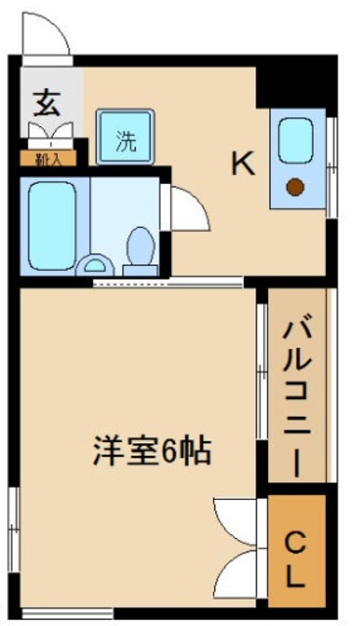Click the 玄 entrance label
pos(46,101)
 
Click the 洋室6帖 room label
pos(152,452)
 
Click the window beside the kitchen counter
pos(331,166)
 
